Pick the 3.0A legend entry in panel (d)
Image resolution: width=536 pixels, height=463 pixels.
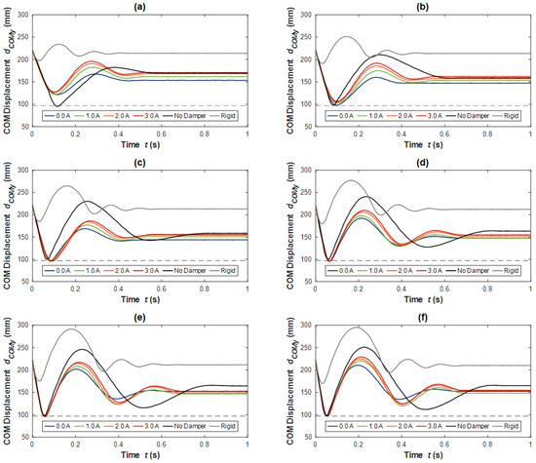pyautogui.click(x=428, y=270)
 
